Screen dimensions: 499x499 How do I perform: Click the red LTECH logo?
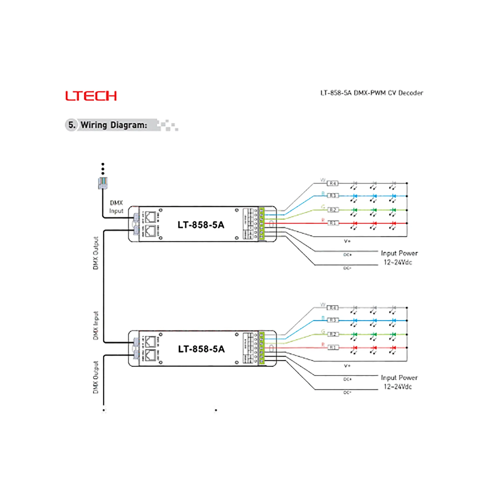click(x=91, y=96)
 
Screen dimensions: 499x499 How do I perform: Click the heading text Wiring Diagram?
click(x=114, y=125)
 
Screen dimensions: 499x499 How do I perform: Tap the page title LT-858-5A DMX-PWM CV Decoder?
click(x=372, y=93)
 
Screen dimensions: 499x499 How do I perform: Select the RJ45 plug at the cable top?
click(x=103, y=183)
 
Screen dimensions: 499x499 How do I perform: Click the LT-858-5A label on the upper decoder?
click(x=201, y=225)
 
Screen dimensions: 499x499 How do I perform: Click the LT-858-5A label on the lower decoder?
click(x=201, y=349)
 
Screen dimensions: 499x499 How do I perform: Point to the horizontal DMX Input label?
click(x=116, y=207)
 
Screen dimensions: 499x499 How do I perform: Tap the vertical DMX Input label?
click(x=96, y=325)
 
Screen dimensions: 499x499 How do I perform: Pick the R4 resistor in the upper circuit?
click(x=333, y=183)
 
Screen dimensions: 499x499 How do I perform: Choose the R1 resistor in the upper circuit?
click(x=333, y=223)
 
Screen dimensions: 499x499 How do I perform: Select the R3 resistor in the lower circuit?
click(x=333, y=320)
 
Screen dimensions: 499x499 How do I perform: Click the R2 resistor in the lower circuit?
click(x=333, y=334)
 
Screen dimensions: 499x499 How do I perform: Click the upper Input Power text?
click(x=399, y=253)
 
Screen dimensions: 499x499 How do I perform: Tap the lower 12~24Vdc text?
click(x=398, y=387)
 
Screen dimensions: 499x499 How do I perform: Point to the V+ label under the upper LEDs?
click(x=347, y=241)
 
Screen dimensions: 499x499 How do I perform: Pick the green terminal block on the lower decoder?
click(x=262, y=348)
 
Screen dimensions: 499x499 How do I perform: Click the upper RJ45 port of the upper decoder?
click(x=150, y=217)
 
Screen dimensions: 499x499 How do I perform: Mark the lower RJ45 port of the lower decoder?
click(x=150, y=355)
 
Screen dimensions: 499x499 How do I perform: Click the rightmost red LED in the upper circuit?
click(x=393, y=223)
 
